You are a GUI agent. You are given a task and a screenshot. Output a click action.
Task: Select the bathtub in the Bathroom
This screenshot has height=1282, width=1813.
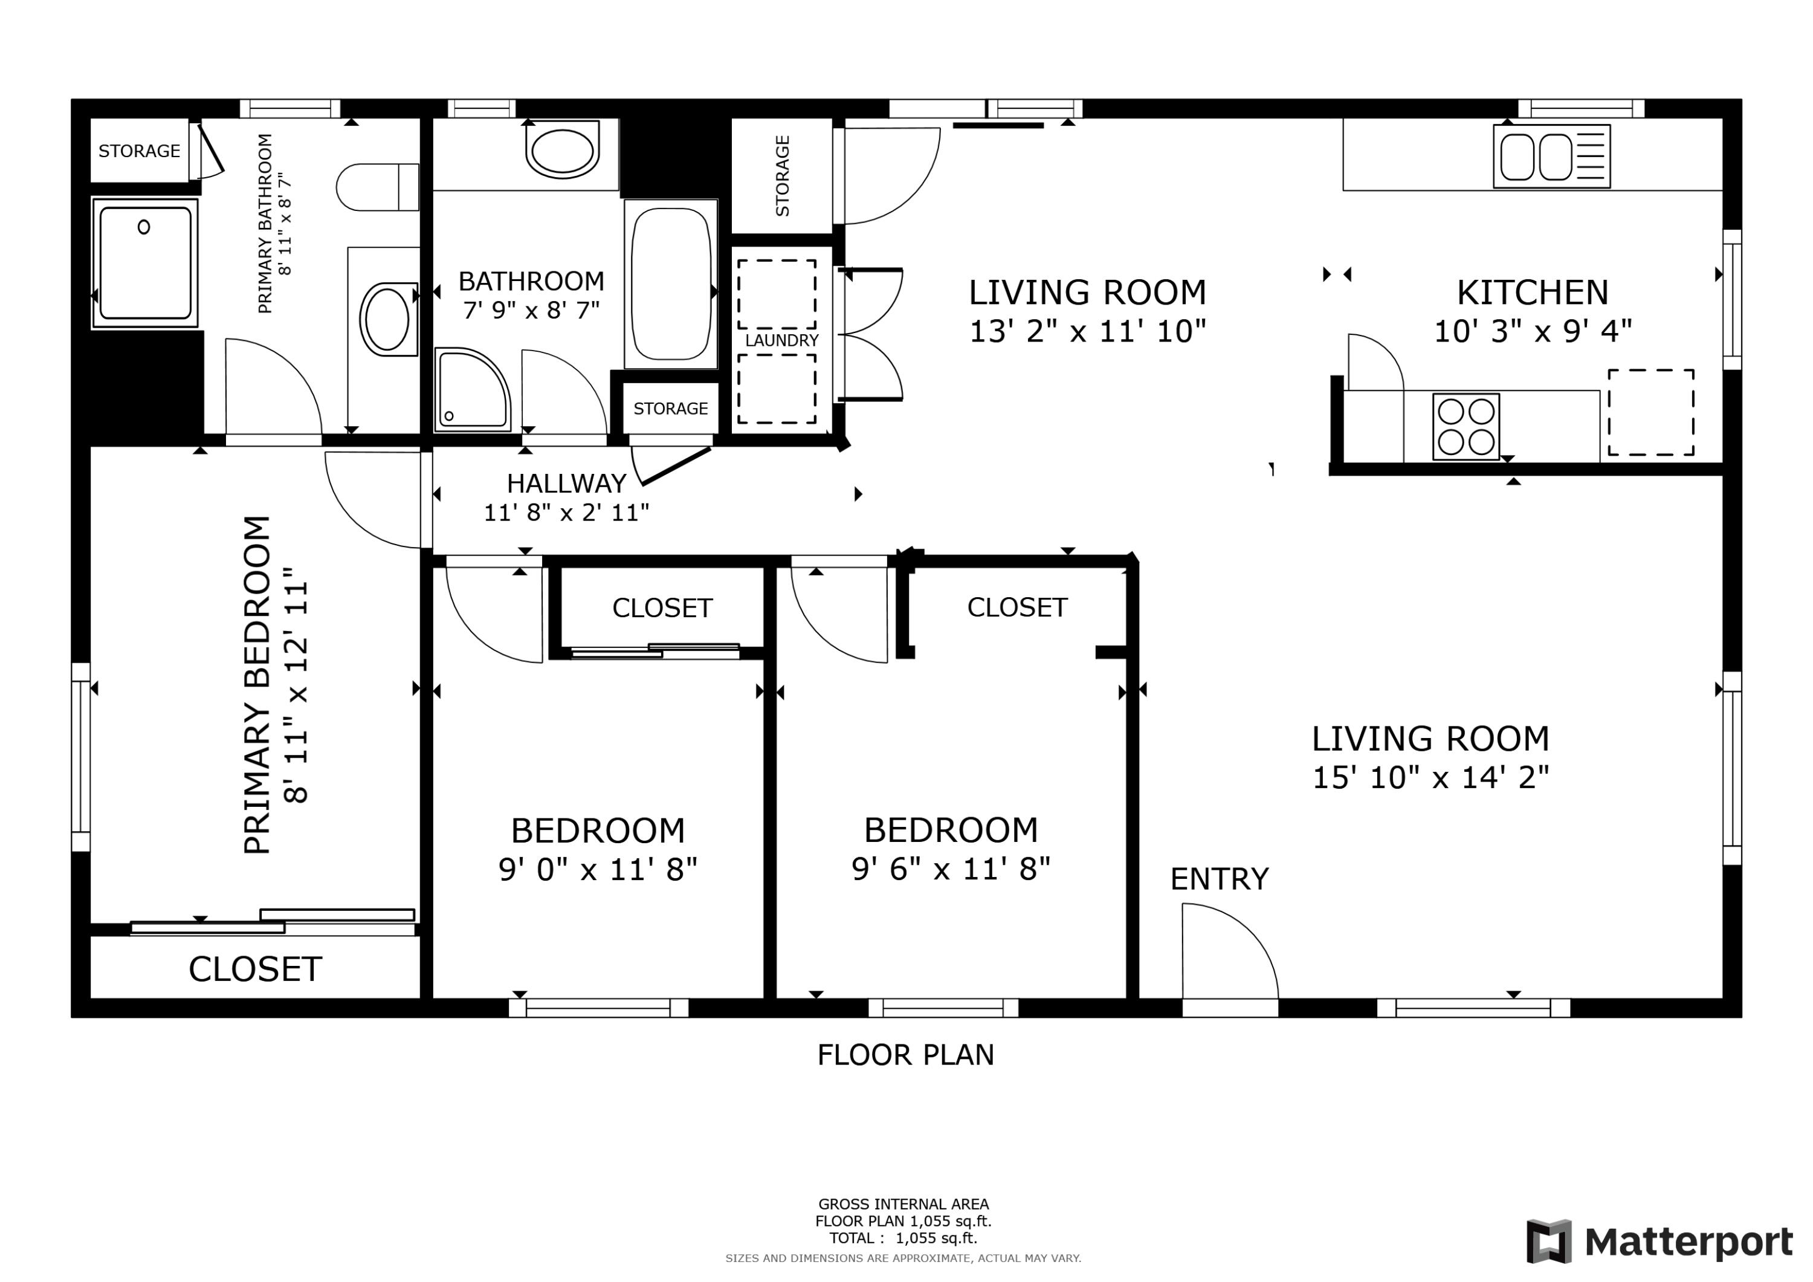[x=670, y=283]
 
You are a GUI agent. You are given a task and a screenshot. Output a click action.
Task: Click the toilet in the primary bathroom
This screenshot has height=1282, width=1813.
[x=378, y=187]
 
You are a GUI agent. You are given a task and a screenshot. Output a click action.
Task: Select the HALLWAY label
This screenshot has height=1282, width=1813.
[x=566, y=482]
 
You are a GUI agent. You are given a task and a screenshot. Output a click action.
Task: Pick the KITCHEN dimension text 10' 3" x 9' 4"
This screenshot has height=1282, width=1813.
[x=1532, y=331]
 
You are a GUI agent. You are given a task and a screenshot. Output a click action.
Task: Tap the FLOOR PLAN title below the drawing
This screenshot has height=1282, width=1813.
[x=905, y=1055]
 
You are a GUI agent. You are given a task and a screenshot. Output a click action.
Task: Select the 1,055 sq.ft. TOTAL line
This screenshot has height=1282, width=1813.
[x=902, y=1238]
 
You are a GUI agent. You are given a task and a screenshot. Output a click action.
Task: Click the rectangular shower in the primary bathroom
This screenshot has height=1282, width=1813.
[x=144, y=263]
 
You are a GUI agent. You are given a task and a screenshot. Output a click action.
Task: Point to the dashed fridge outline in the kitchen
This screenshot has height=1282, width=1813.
[x=1650, y=412]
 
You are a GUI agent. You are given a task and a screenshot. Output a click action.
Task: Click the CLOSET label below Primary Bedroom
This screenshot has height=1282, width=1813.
[x=254, y=969]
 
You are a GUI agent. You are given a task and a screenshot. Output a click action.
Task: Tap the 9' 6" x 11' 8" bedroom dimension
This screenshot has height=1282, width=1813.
[x=950, y=870]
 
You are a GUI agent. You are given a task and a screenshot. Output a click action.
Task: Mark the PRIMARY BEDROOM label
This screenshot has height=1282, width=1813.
[x=257, y=685]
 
